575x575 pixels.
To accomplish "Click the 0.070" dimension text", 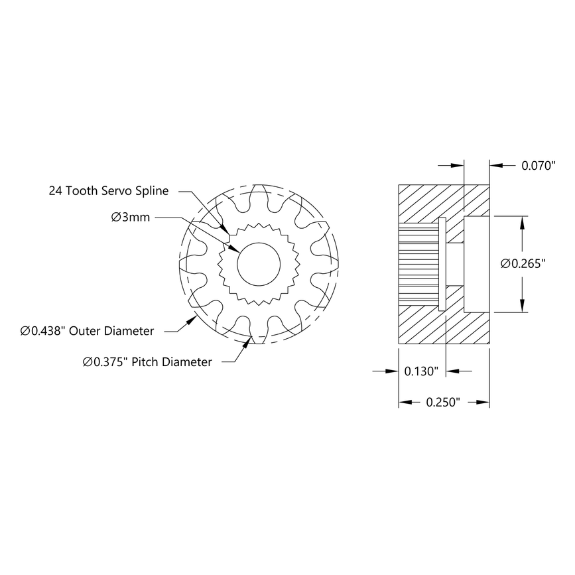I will (537, 166).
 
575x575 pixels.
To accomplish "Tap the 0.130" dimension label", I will (421, 372).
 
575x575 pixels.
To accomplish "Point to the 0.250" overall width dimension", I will (443, 403).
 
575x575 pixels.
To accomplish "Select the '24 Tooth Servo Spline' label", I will (109, 191).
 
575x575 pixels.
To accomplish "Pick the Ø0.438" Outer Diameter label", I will (88, 330).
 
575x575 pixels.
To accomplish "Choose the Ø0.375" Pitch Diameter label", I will (147, 361).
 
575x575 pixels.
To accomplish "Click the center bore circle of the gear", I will (259, 265).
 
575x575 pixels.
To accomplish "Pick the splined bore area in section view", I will (418, 264).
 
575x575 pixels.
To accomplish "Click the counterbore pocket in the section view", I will (476, 264).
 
